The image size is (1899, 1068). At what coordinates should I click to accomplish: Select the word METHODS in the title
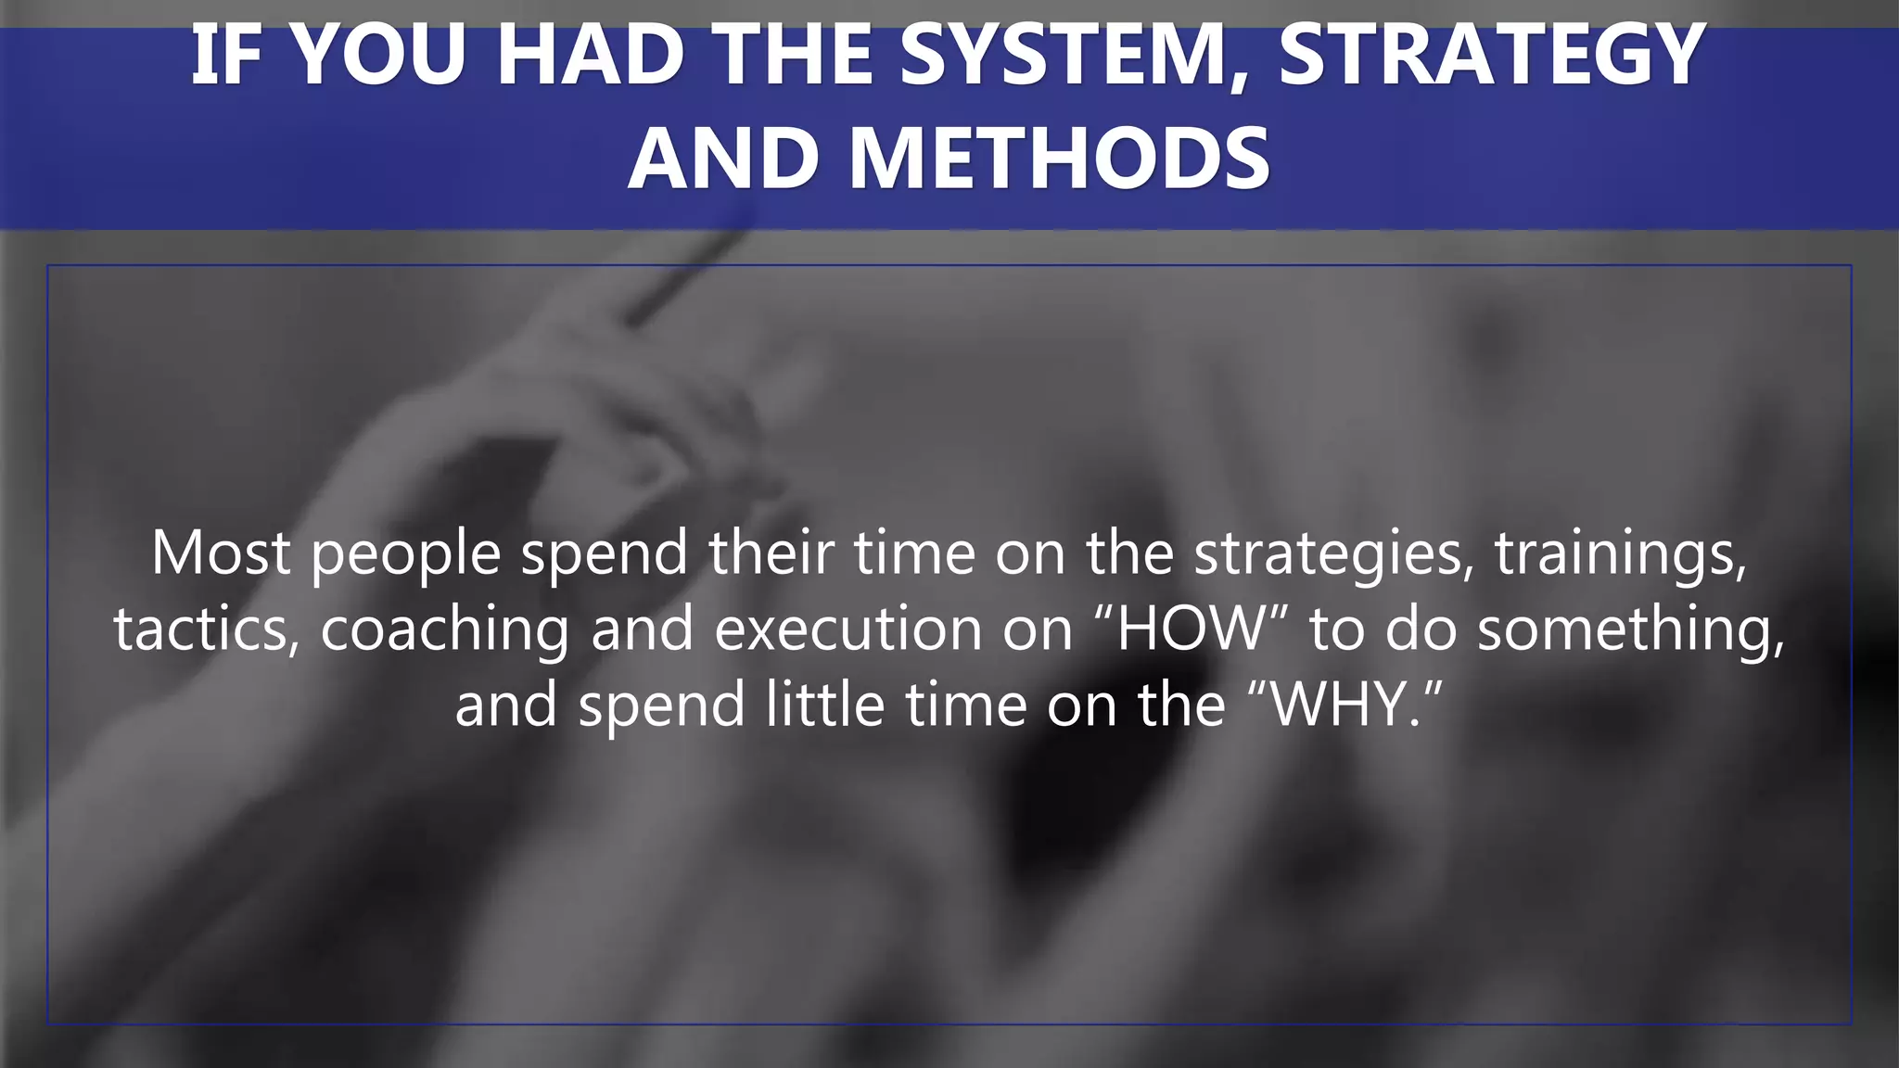pyautogui.click(x=1059, y=159)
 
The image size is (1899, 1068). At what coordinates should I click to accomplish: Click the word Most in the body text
pyautogui.click(x=221, y=553)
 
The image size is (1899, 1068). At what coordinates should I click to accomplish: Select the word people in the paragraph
pyautogui.click(x=405, y=554)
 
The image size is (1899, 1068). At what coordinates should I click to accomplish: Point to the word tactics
pyautogui.click(x=206, y=629)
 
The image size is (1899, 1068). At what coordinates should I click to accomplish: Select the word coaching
pyautogui.click(x=444, y=630)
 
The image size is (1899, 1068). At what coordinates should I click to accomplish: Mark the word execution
pyautogui.click(x=848, y=629)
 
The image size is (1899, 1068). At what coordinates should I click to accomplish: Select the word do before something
pyautogui.click(x=1421, y=629)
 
